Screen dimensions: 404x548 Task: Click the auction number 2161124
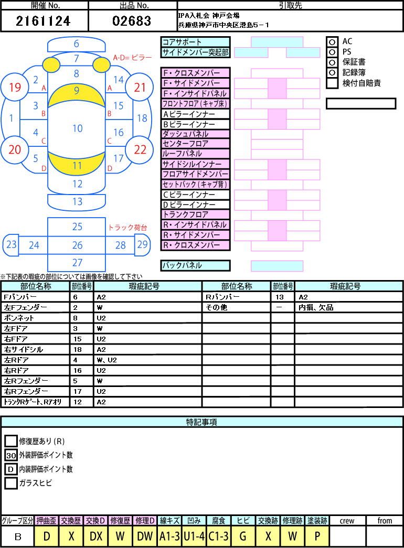[x=43, y=21]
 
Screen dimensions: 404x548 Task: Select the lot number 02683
[x=132, y=21]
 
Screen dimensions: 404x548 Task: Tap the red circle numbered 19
[x=15, y=87]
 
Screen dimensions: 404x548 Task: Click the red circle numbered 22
[x=140, y=149]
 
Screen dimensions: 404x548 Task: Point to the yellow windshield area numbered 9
[x=77, y=94]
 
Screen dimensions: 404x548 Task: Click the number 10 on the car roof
[x=78, y=128]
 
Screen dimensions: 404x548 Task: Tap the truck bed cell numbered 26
[x=77, y=245]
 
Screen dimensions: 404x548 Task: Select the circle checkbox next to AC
[x=332, y=41]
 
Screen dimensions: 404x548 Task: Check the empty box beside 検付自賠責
[x=332, y=83]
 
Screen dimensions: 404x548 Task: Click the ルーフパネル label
[x=195, y=154]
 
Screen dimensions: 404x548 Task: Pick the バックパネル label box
[x=195, y=266]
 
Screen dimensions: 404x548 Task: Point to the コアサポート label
[x=195, y=42]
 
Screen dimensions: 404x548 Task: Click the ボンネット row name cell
[x=35, y=318]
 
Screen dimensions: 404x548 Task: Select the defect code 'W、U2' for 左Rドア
[x=107, y=360]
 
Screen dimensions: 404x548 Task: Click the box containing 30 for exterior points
[x=11, y=455]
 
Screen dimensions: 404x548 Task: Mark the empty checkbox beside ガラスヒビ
[x=11, y=483]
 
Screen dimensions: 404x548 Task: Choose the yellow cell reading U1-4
[x=194, y=536]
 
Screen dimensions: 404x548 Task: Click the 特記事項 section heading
[x=201, y=422]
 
